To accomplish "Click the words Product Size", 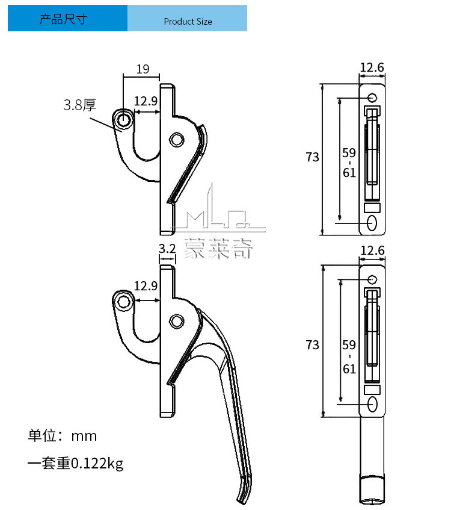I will coord(188,22).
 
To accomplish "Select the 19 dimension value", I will coord(143,69).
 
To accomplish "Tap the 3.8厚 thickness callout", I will coord(80,106).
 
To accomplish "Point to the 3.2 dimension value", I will coord(167,248).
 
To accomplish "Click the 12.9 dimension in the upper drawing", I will coord(146,102).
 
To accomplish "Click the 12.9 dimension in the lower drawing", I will coord(146,285).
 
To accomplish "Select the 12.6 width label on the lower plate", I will coord(372,250).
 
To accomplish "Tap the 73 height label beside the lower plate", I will coord(312,345).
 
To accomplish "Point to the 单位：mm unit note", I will coord(62,435).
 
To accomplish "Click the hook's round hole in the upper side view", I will coord(124,119).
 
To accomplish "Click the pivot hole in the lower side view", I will coord(176,320).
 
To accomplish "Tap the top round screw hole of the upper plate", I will coord(372,98).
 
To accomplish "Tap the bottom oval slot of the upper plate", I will coord(372,223).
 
